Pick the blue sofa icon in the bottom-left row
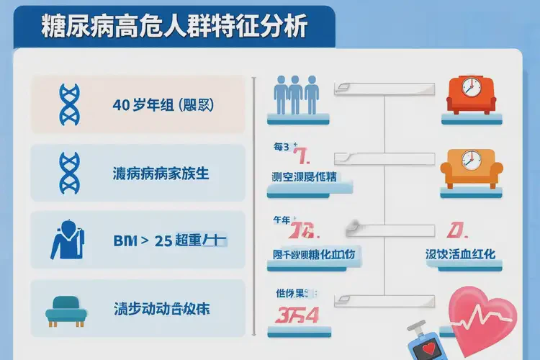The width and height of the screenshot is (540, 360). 66,311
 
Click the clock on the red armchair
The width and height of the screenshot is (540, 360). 470,88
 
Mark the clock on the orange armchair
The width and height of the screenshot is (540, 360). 470,158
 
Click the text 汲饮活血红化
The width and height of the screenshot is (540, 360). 461,255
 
